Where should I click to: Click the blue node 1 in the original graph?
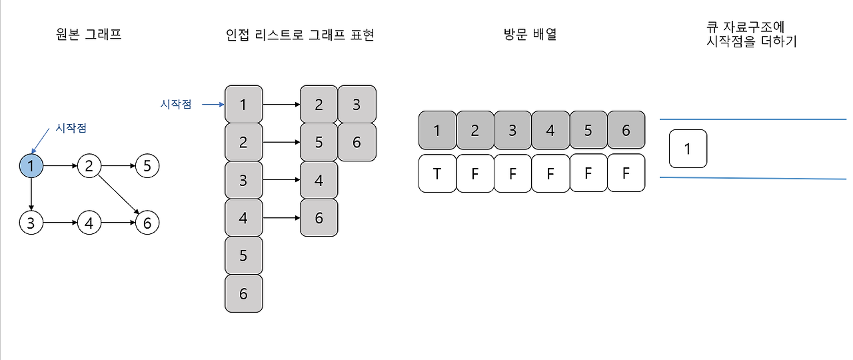(31, 165)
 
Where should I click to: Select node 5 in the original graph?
(147, 165)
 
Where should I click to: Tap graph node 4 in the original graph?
(89, 223)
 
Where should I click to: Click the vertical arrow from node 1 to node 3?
(31, 194)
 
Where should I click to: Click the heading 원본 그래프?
(89, 35)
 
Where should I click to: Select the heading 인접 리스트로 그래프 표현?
(300, 35)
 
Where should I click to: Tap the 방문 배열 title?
(530, 35)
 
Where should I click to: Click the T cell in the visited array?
(437, 173)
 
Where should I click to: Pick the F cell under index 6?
(626, 173)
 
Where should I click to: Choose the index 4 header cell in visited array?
(550, 130)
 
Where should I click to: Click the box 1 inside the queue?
(688, 149)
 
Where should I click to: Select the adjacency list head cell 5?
(243, 255)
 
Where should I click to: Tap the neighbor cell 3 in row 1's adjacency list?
(357, 104)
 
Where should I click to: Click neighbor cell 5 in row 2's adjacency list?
(319, 142)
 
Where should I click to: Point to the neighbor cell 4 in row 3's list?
(319, 180)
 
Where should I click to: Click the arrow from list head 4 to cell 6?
(281, 217)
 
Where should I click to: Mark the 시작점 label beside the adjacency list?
(176, 104)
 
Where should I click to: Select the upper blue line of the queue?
(753, 119)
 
